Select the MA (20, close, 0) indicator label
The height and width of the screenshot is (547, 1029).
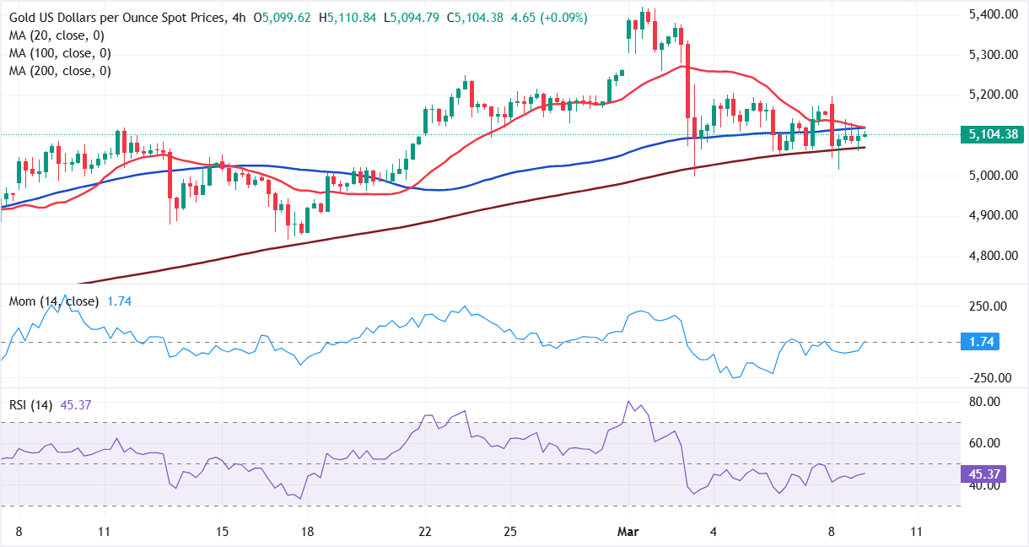tap(57, 35)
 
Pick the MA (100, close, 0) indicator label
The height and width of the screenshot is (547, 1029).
tap(60, 53)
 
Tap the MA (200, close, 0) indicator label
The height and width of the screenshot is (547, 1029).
tap(60, 71)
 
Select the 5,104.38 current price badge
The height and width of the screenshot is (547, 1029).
tap(992, 134)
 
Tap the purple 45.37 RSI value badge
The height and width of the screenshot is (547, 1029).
tap(981, 474)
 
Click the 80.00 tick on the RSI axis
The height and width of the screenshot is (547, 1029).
tap(985, 402)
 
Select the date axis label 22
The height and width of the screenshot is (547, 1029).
tap(425, 533)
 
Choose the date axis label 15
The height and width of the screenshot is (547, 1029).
tap(222, 533)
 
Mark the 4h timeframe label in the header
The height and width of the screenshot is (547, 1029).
tap(236, 18)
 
